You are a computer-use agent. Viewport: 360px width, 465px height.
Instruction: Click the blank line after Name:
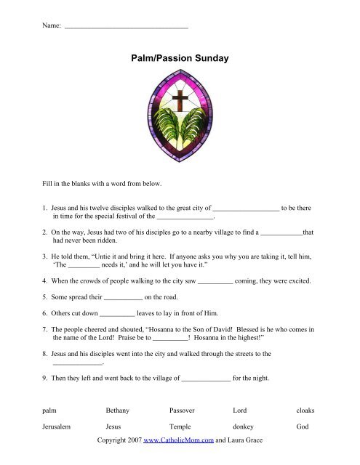[x=127, y=26]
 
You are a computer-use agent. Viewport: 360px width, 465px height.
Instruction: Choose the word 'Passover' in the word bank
[x=183, y=411]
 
